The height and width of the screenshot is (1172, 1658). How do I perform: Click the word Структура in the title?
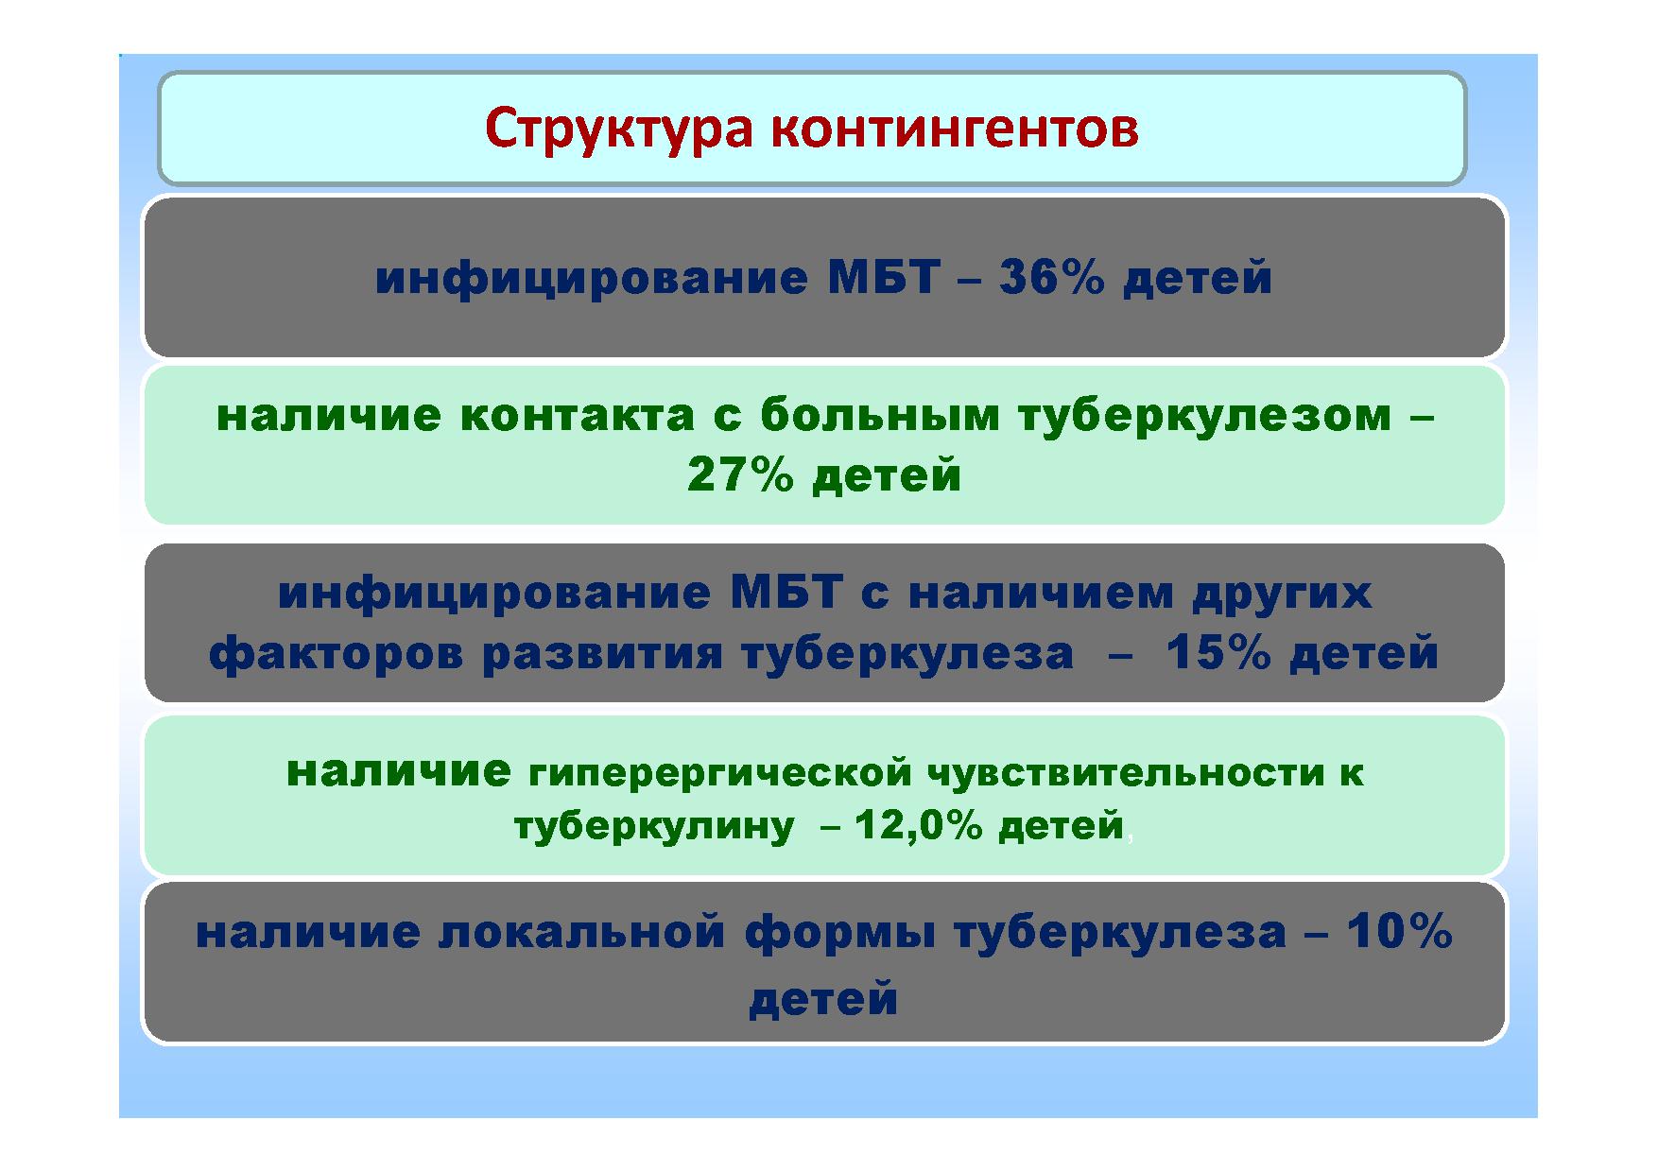[619, 130]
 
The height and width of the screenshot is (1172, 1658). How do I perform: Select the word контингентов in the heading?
[955, 130]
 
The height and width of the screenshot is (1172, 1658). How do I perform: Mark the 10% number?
[1399, 932]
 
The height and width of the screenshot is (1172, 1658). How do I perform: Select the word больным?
[879, 416]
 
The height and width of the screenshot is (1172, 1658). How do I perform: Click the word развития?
[602, 654]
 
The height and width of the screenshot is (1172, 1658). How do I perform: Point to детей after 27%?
[887, 476]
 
